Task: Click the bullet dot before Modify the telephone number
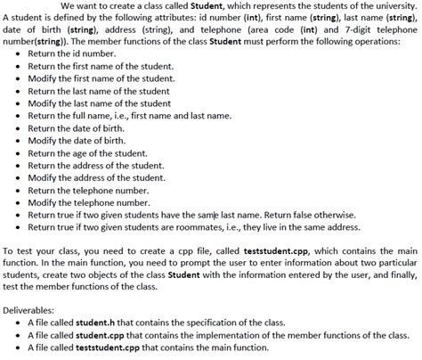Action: (20, 203)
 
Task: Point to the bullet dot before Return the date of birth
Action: (20, 128)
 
